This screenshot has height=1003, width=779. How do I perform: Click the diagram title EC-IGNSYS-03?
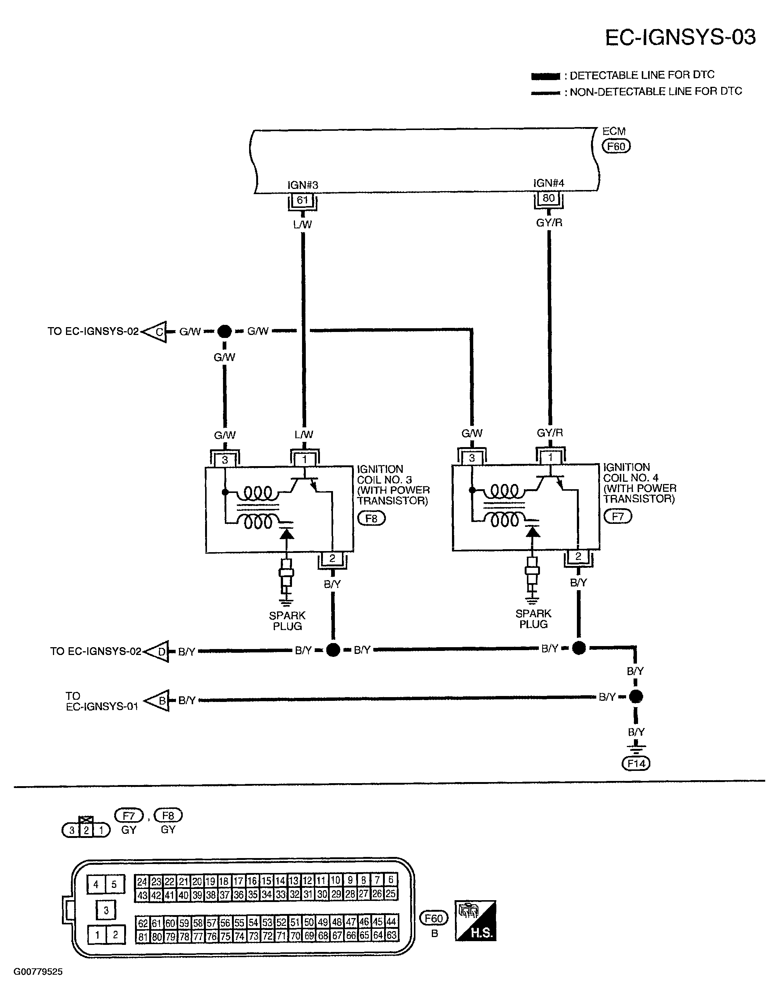click(680, 37)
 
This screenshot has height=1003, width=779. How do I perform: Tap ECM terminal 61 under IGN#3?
click(302, 200)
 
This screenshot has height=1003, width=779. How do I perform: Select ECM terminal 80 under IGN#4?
click(549, 198)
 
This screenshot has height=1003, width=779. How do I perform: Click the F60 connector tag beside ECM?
click(616, 146)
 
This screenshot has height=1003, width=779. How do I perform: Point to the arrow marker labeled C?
click(155, 332)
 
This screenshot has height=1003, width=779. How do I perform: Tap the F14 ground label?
click(636, 764)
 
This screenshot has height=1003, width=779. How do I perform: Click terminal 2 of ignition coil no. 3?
click(332, 559)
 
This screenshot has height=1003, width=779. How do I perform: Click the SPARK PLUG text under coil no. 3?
click(287, 621)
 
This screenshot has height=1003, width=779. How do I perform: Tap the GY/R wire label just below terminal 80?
click(549, 223)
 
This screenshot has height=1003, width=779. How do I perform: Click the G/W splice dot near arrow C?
click(224, 331)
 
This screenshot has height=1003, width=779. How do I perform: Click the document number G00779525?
click(38, 972)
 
